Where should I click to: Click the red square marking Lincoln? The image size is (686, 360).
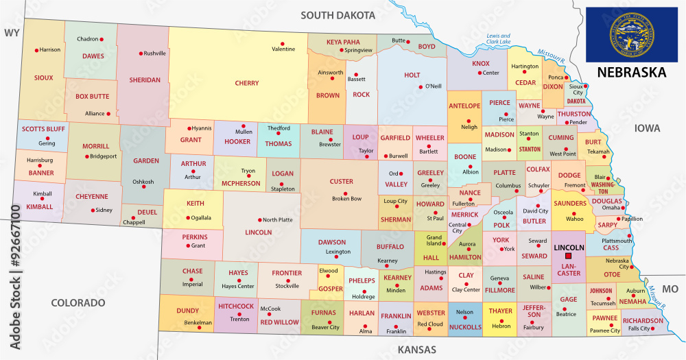click(x=569, y=256)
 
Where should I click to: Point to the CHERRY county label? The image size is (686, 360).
click(x=247, y=83)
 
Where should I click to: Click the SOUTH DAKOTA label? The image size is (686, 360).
click(x=338, y=14)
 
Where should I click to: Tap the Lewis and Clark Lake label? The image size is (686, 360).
click(x=499, y=39)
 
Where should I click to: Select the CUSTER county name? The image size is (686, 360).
click(x=341, y=182)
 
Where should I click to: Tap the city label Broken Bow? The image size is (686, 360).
click(x=346, y=199)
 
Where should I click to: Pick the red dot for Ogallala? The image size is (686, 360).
click(x=187, y=218)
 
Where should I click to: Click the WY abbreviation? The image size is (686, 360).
click(x=12, y=32)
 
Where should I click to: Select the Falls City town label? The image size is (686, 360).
click(x=639, y=329)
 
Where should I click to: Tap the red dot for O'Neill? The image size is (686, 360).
click(x=420, y=86)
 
